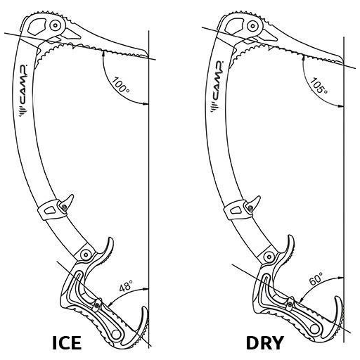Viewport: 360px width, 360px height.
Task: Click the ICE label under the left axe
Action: [67, 342]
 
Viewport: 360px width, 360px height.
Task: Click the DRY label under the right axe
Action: [265, 343]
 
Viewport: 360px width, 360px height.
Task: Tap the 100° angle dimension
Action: [120, 85]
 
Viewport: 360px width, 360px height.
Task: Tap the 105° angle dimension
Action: [319, 85]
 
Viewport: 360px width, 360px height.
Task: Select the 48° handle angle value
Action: [126, 285]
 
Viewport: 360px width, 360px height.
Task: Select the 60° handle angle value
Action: [316, 278]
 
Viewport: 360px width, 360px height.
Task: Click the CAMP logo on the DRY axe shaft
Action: [217, 86]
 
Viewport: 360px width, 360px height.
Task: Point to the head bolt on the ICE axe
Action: [56, 25]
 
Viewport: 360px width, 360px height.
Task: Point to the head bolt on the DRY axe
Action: [252, 25]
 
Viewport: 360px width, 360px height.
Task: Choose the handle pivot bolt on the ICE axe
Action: [86, 255]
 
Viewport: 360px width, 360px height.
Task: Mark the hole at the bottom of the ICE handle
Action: [115, 334]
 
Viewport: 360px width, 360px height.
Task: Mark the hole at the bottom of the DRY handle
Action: [314, 329]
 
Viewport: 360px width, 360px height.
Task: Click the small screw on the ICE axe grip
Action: [96, 305]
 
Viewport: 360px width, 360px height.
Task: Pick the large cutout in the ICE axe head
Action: [37, 26]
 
